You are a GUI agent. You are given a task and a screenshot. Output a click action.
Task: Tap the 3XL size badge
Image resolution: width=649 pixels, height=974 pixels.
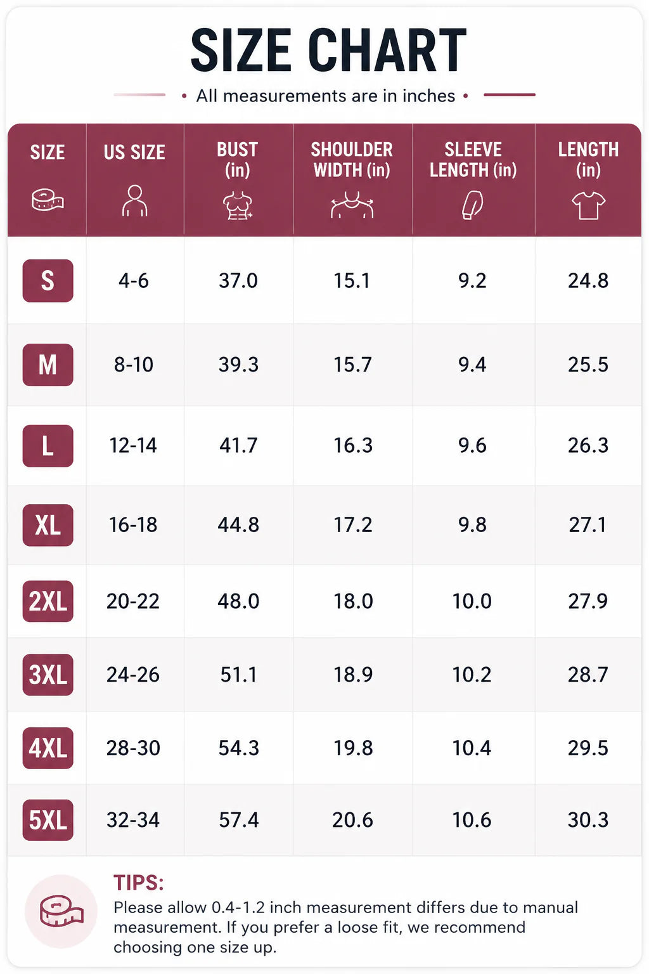[48, 675]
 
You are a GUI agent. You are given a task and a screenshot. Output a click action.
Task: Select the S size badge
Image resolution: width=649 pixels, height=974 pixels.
[48, 280]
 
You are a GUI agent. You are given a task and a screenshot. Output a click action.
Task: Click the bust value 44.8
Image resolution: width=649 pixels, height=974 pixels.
[238, 525]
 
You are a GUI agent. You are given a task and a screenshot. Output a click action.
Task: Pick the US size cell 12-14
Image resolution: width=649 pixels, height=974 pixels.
[133, 446]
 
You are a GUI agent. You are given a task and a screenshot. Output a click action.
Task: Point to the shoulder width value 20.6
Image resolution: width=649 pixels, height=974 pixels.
[352, 820]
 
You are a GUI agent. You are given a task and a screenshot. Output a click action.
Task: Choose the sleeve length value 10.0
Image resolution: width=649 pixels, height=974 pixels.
[472, 601]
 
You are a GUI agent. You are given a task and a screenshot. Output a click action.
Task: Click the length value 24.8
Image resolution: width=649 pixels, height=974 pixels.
[588, 281]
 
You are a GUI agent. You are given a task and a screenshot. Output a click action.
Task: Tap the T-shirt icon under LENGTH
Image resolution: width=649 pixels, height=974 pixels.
[588, 205]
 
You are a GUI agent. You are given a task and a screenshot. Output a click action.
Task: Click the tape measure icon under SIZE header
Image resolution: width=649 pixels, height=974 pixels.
[48, 200]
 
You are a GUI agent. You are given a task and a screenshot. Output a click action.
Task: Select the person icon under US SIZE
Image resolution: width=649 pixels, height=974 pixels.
[135, 201]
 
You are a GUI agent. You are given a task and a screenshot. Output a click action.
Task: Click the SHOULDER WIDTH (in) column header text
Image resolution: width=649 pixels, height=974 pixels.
[352, 160]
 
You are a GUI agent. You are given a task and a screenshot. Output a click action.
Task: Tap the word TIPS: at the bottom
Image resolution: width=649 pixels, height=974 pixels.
[139, 883]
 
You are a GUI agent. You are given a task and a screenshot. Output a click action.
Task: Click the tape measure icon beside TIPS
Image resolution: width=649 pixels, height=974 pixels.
[61, 911]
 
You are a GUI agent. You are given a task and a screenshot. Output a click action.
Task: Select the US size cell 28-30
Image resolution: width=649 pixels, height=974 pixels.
[134, 748]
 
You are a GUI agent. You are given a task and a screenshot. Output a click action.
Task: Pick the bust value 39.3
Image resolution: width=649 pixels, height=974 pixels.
[238, 365]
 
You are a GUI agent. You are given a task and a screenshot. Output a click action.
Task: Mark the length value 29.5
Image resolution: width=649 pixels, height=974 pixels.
[588, 748]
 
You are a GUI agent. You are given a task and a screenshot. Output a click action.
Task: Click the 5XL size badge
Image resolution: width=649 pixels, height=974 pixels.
[48, 820]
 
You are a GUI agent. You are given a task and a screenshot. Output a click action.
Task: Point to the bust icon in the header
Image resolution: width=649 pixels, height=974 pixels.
[238, 205]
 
